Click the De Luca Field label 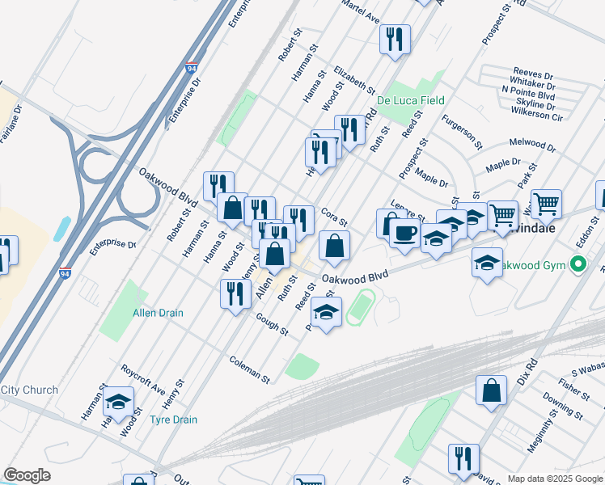click(x=410, y=100)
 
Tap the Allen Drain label click(x=159, y=313)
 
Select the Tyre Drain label click(x=173, y=420)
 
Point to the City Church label click(x=30, y=390)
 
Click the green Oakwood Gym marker click(x=577, y=264)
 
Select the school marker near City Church click(x=118, y=401)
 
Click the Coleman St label click(x=249, y=369)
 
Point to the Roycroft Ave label click(x=143, y=377)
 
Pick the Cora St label click(x=333, y=217)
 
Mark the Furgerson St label click(x=462, y=134)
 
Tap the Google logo click(x=27, y=475)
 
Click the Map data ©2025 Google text click(x=554, y=478)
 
